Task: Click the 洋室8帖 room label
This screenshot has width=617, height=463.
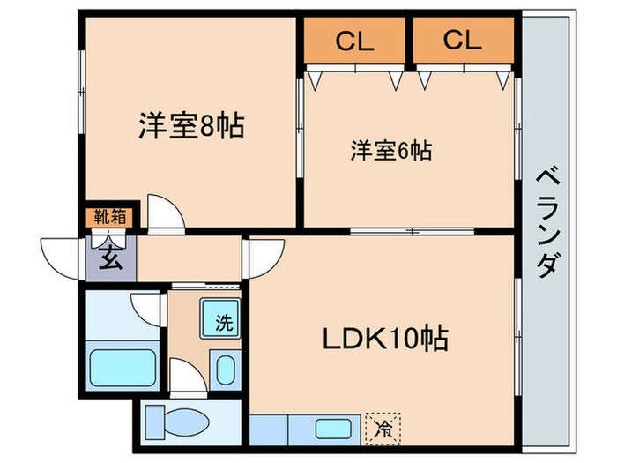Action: point(190,126)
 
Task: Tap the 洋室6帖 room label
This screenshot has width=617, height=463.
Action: point(390,151)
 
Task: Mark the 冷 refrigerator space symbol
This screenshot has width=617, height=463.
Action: point(384,430)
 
